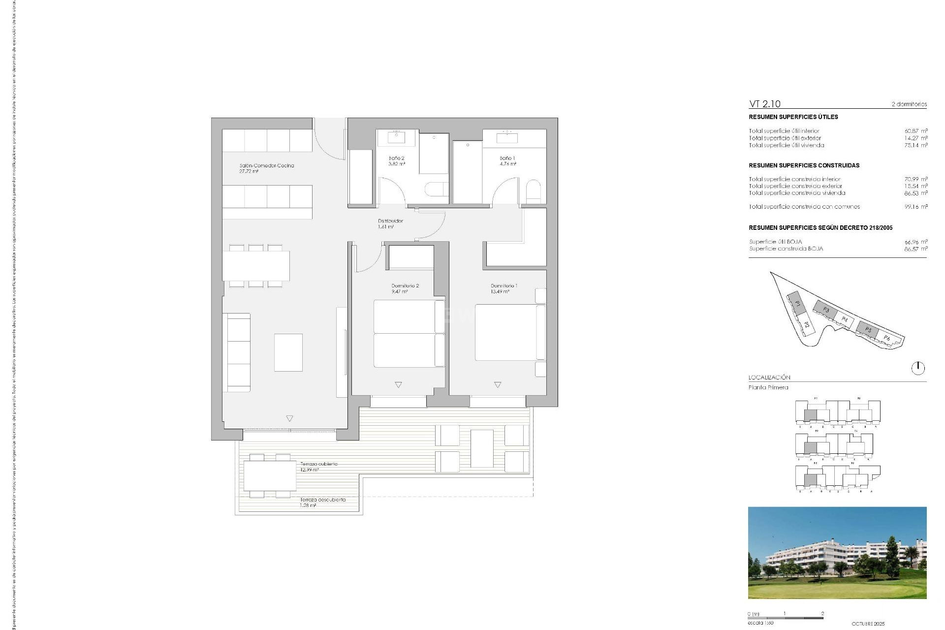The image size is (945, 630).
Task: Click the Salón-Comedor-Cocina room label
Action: (x=266, y=166)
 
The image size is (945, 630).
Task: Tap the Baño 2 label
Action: (x=396, y=158)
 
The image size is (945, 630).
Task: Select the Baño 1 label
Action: (x=507, y=158)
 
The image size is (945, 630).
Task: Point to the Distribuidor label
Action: (x=390, y=221)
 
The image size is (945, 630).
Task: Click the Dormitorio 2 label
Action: (x=405, y=286)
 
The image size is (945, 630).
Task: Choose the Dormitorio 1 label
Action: (x=504, y=286)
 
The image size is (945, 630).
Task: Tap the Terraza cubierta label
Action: (x=319, y=464)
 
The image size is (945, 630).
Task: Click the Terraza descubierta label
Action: (x=323, y=500)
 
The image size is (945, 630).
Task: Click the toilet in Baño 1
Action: (x=533, y=190)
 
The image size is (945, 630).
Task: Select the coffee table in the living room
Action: (x=288, y=352)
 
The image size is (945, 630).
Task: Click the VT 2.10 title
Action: (x=764, y=104)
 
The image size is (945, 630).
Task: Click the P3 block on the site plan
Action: (x=825, y=310)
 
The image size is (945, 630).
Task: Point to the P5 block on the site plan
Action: (x=868, y=329)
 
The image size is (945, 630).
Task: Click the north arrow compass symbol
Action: (x=918, y=368)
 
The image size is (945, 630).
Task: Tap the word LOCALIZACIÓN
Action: (x=769, y=378)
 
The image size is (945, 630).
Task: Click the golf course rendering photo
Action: (x=837, y=553)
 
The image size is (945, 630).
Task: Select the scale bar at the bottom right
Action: (x=785, y=618)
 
